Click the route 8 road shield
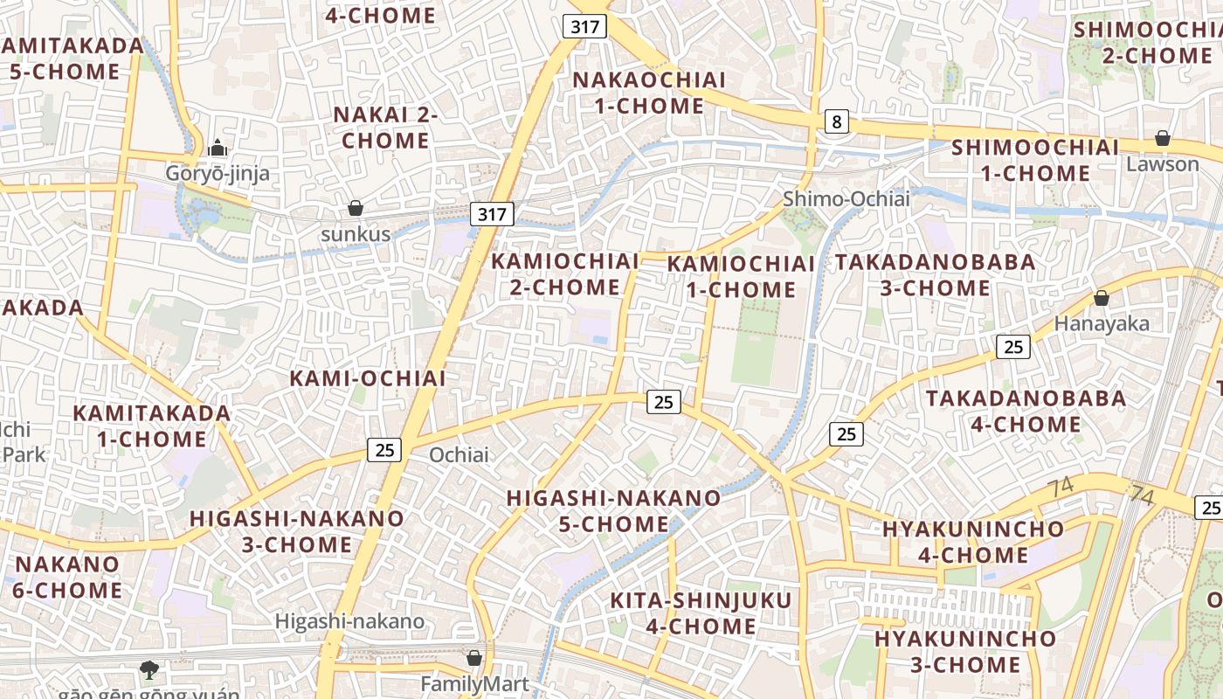[x=837, y=121]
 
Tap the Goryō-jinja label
[x=218, y=174]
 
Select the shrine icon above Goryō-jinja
[x=218, y=148]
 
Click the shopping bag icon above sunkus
[x=356, y=208]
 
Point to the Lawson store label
[x=1162, y=164]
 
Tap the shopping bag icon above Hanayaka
[x=1102, y=298]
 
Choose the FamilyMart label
[x=475, y=683]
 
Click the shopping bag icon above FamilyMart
[x=474, y=657]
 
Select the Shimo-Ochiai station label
[x=846, y=199]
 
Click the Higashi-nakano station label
[x=350, y=621]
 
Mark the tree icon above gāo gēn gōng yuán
[x=149, y=670]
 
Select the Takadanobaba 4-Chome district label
[x=1026, y=412]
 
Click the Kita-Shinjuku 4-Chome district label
[x=701, y=613]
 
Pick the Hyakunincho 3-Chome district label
[x=965, y=651]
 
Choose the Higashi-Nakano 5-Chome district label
[x=614, y=511]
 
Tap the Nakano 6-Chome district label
[x=67, y=577]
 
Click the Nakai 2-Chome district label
[x=385, y=128]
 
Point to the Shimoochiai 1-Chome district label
[x=1035, y=160]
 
